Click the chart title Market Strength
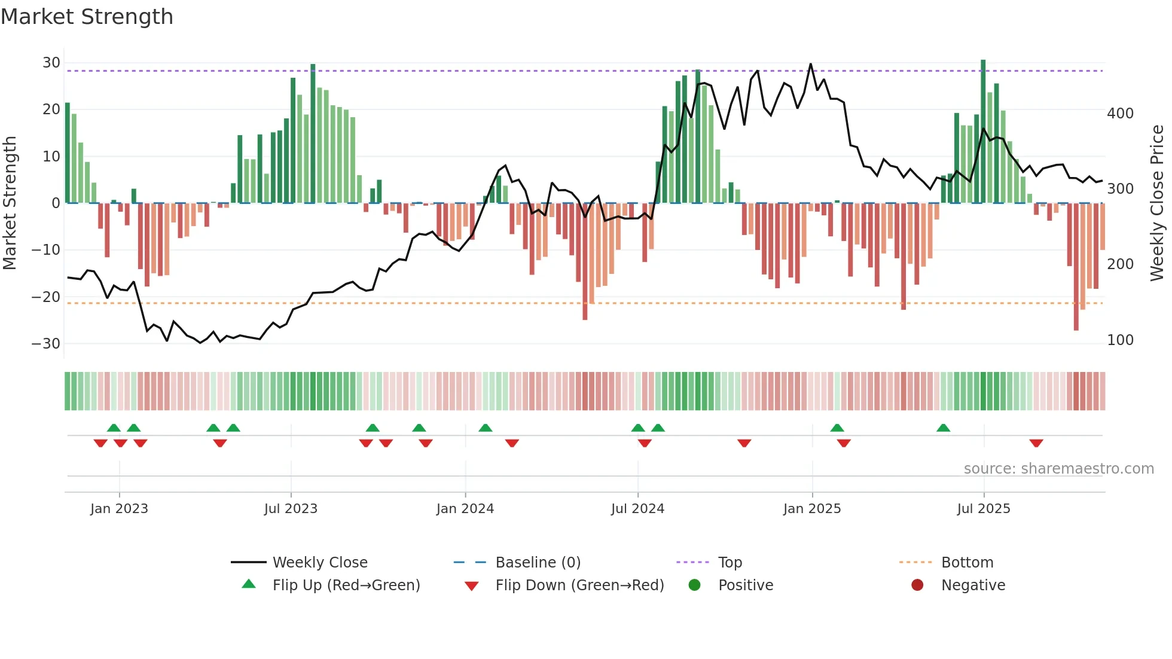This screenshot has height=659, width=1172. coord(87,17)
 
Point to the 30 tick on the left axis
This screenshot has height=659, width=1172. coord(51,63)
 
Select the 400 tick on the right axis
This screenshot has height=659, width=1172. coord(1120,113)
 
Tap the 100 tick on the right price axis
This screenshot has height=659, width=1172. coord(1120,340)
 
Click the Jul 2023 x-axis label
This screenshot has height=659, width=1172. coord(291,508)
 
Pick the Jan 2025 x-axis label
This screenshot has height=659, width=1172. coord(811,508)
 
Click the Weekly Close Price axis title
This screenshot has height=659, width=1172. coord(1157,203)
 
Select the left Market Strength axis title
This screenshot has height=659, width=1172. coord(10,203)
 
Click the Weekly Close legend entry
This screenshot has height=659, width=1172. coord(319,562)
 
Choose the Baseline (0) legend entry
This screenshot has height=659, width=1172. coord(538,562)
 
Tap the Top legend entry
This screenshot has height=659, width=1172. coord(730,562)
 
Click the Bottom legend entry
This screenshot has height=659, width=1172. coord(967,562)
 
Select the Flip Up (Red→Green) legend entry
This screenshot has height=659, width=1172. coord(346,585)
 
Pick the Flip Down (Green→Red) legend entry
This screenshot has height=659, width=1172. coord(579,585)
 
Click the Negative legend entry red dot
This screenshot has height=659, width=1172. coord(917,585)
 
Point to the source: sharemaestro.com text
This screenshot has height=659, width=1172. coord(1058,468)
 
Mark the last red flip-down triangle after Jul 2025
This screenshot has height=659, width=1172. coord(1036,443)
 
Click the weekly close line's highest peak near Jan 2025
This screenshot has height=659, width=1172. coord(810,64)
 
